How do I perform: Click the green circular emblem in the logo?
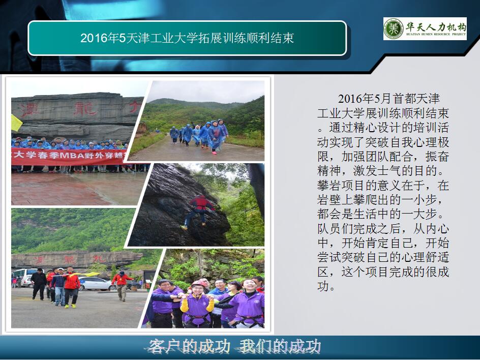394,28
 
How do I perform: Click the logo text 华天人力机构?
436,26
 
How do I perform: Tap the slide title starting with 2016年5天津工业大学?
187,38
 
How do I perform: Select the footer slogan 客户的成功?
189,347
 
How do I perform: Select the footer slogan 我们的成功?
280,347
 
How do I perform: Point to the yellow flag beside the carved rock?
16,123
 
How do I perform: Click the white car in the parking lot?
95,283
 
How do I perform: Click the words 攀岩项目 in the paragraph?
341,186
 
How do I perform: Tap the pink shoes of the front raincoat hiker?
214,153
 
